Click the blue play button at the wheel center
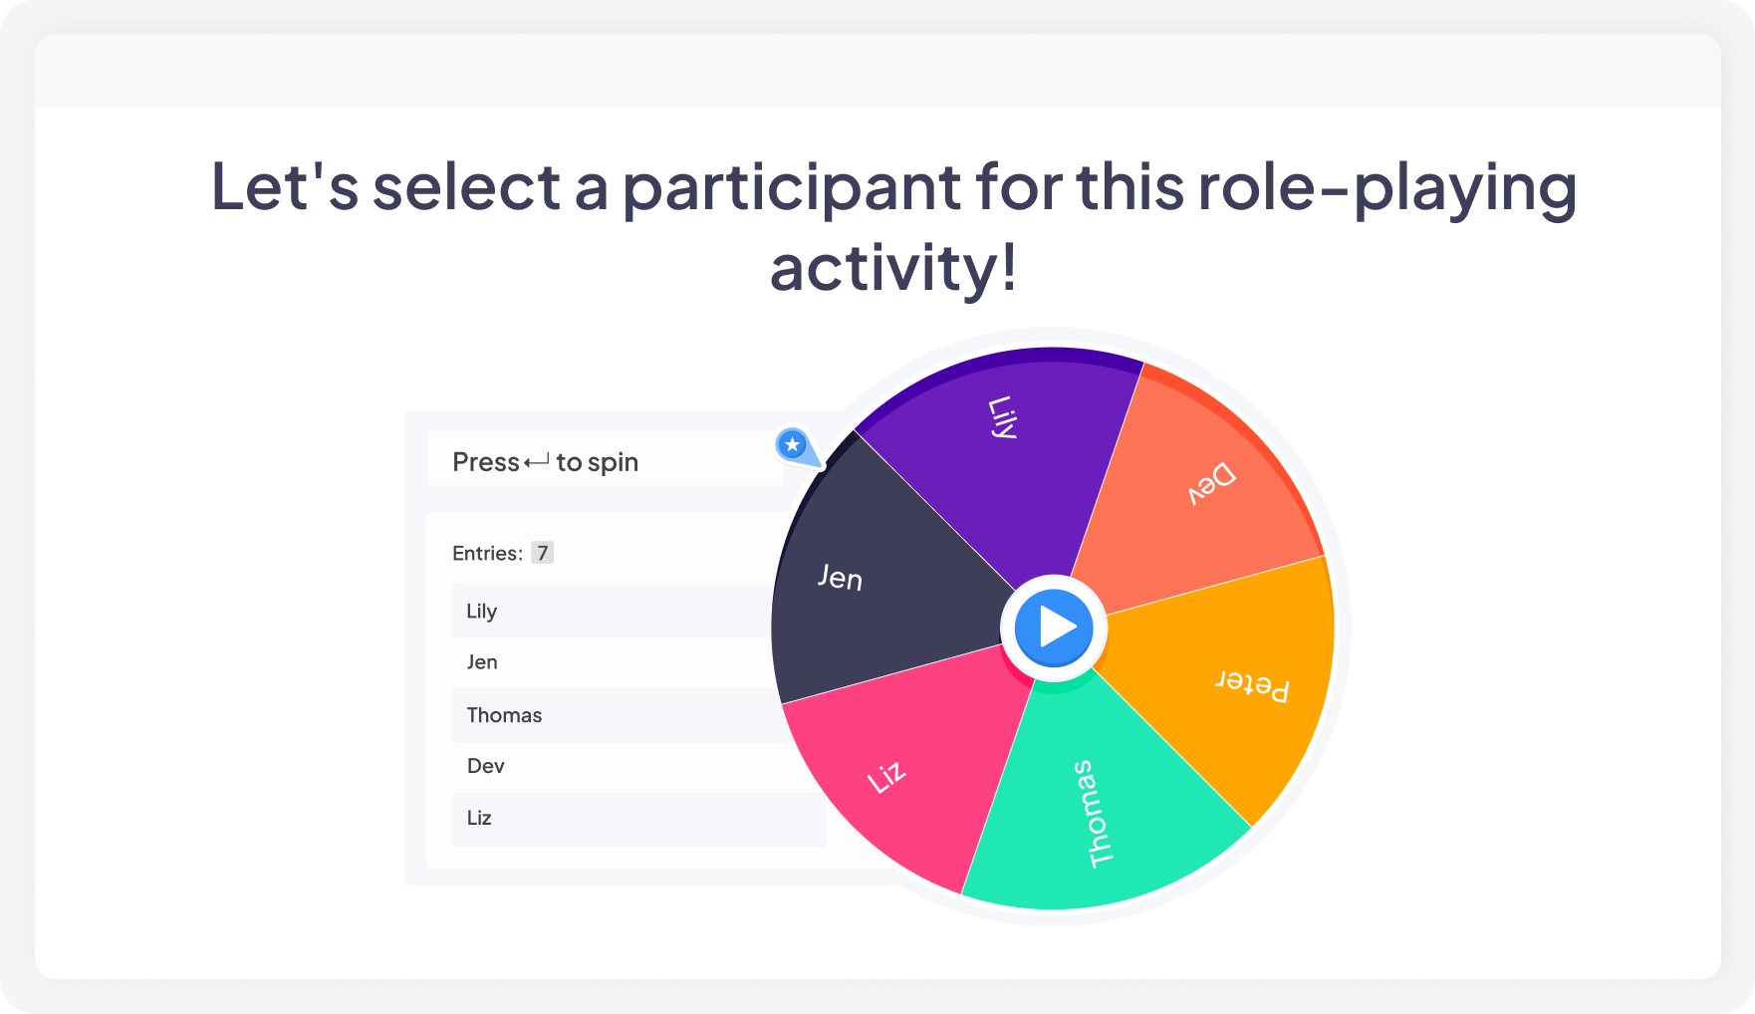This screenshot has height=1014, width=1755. coord(1054,629)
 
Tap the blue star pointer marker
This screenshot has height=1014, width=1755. coord(793,445)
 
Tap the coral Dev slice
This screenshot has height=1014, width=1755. coord(1205,488)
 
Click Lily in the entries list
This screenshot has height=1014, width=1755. coord(482,611)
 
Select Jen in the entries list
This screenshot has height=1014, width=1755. coord(482,662)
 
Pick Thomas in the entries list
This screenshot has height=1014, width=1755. coord(504,715)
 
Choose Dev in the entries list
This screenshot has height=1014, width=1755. coord(486,766)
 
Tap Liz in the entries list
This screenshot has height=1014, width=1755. coord(479,818)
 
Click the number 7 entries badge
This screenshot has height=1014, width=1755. coord(542,553)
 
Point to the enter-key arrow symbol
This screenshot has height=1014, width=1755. coord(537,461)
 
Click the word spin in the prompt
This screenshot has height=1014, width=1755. coord(613,462)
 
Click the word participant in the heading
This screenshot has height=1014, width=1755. coord(793,187)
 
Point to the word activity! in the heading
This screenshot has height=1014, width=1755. coord(893,268)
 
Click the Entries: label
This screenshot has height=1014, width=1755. coord(487,554)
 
